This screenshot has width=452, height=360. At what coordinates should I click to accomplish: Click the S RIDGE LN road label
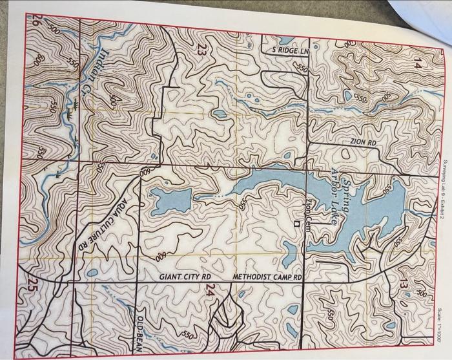pyautogui.click(x=285, y=51)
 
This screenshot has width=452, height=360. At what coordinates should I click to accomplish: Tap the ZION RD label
pyautogui.click(x=363, y=140)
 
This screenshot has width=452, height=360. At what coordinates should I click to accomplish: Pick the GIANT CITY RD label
pyautogui.click(x=185, y=277)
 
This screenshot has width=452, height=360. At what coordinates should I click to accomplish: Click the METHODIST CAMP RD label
pyautogui.click(x=267, y=277)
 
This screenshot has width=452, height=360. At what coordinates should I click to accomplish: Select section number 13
pyautogui.click(x=404, y=282)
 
